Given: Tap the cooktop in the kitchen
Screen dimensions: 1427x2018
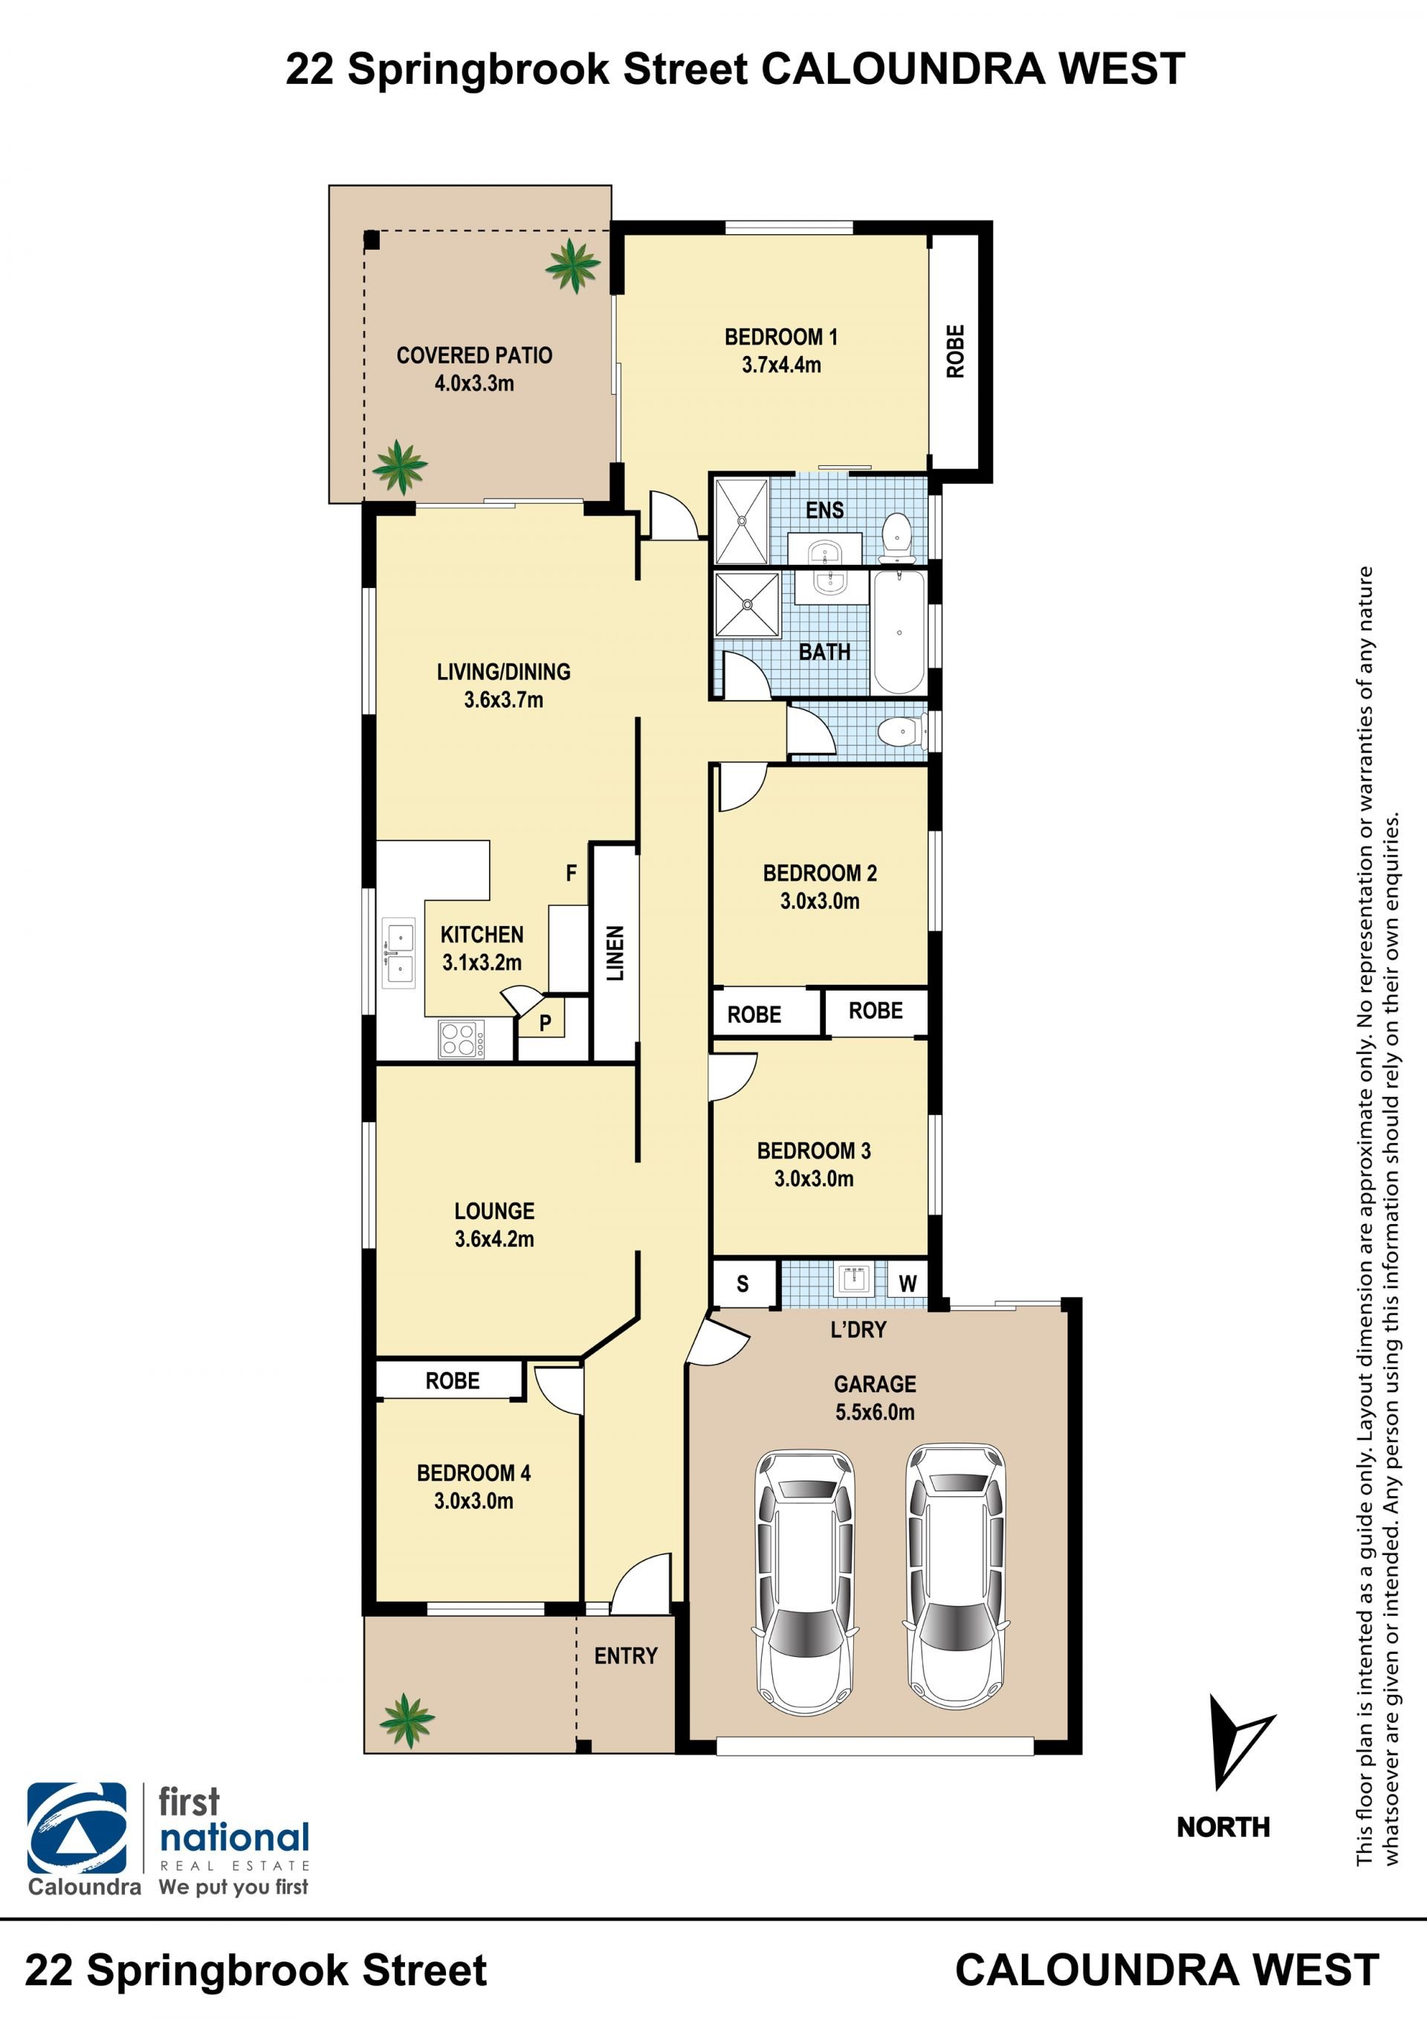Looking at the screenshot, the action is coord(462,1039).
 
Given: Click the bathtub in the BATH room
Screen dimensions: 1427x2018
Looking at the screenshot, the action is coord(898,632).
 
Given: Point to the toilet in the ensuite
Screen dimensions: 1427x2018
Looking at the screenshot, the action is coord(896,535).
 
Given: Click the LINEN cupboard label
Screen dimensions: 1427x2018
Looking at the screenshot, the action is coord(616,953).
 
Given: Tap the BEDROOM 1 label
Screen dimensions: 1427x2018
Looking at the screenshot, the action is coord(780,337).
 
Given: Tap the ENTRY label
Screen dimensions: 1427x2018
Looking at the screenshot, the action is coord(626,1656).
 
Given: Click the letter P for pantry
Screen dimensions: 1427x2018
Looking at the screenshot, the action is coord(545,1023).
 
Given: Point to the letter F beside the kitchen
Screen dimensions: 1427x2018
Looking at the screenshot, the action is coord(571,873).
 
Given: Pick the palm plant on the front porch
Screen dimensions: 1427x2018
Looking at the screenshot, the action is coord(406,1721).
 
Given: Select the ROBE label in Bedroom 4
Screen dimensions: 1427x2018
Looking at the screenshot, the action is coord(453,1381).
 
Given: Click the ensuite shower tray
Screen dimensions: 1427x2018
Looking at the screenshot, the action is coord(742,520).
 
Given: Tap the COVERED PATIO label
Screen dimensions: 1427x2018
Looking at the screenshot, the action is coord(474,355).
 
